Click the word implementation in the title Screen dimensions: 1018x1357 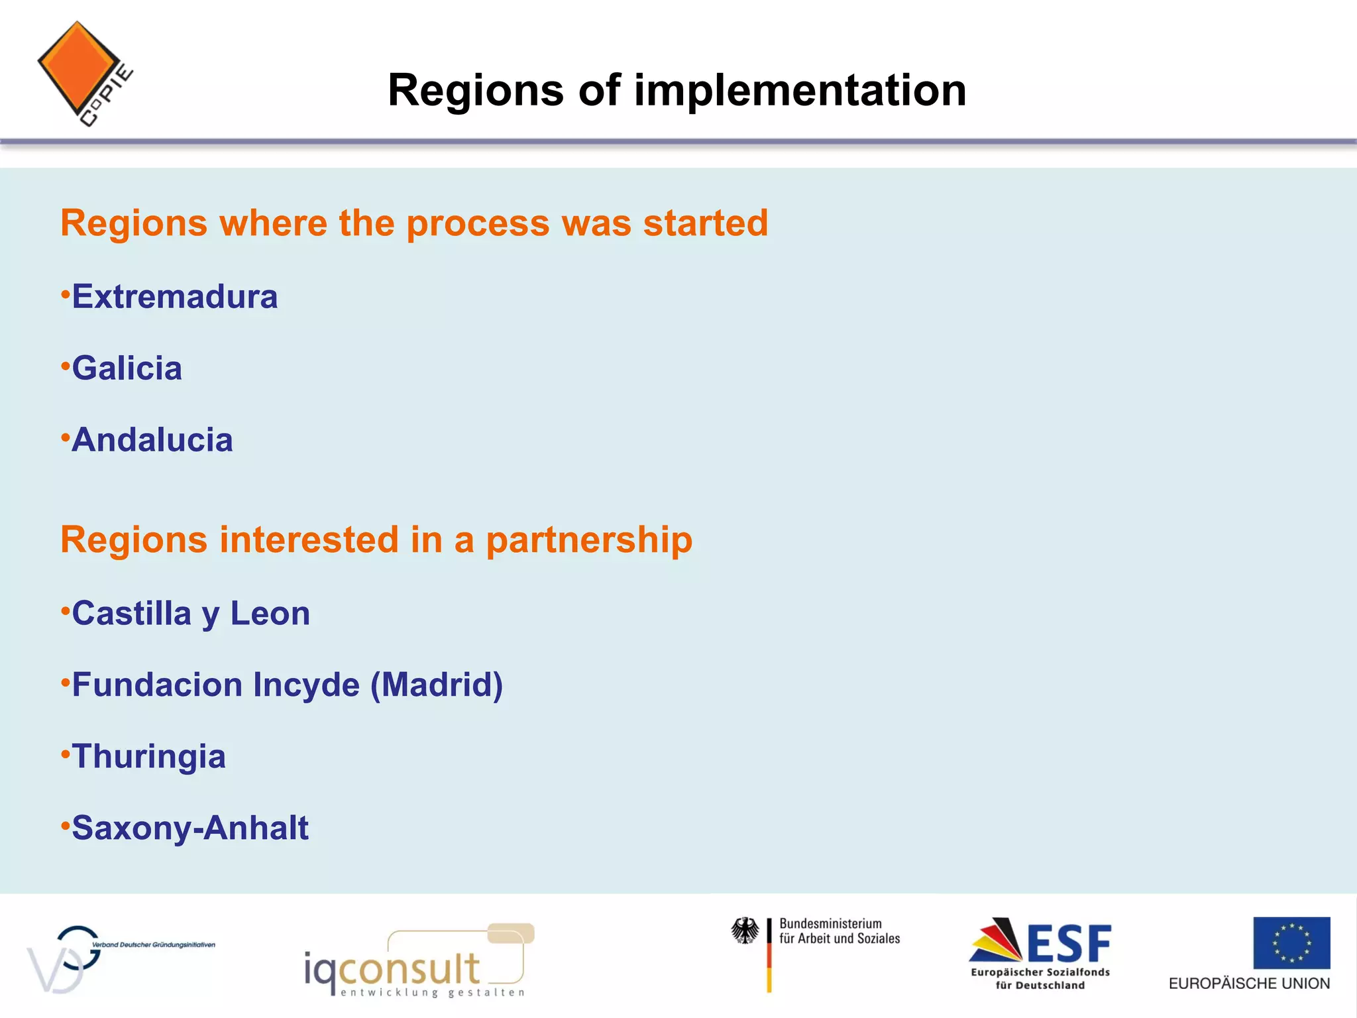(x=800, y=90)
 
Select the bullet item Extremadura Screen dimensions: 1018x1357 (x=174, y=296)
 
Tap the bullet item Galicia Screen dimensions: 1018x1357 (x=127, y=368)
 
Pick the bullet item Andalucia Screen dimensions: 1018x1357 (x=152, y=440)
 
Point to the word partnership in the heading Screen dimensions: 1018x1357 (x=589, y=540)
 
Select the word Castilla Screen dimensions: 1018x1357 (x=131, y=614)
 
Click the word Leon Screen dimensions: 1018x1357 (x=270, y=614)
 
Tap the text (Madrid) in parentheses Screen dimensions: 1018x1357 (x=436, y=685)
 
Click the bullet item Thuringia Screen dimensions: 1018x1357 (x=148, y=756)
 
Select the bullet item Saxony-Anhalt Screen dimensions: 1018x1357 (x=190, y=828)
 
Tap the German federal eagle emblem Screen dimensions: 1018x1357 (x=745, y=931)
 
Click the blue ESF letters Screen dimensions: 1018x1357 (x=1068, y=944)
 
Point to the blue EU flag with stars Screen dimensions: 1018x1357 (x=1291, y=942)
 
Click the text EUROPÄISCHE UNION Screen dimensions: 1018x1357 (x=1248, y=984)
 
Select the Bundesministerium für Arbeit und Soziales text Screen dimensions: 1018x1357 (x=839, y=931)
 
